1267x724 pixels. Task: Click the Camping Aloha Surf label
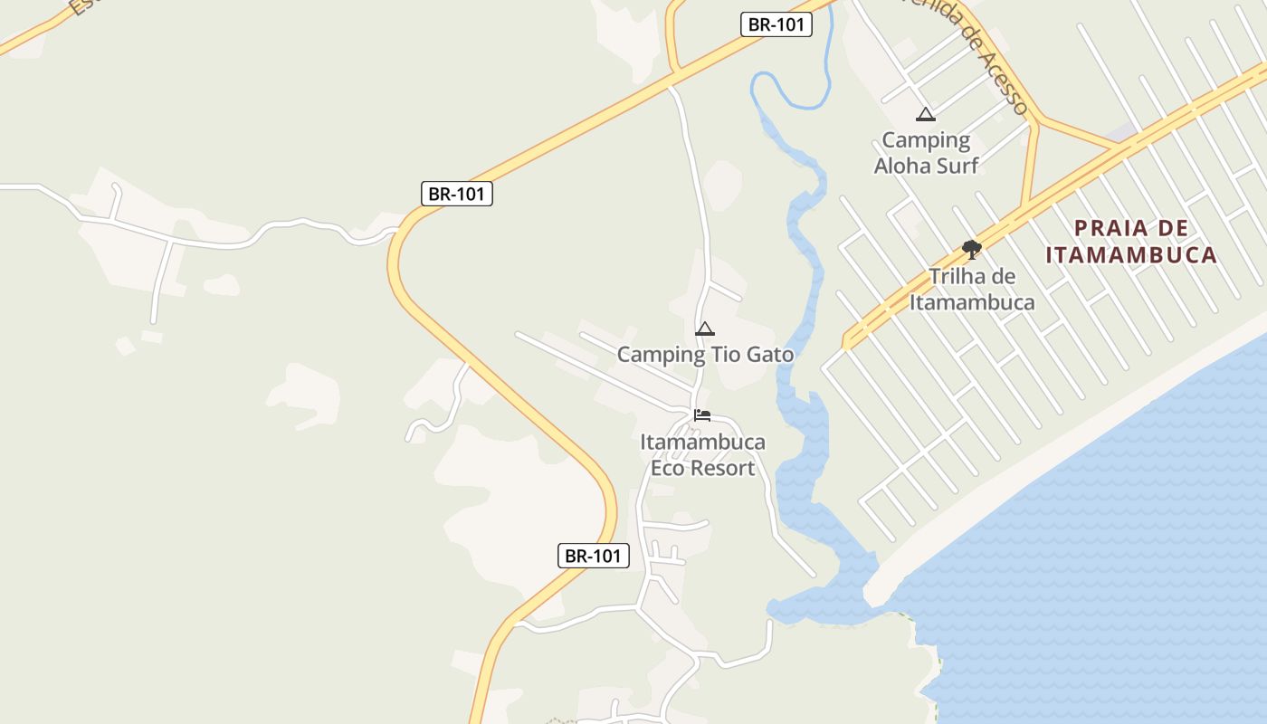(926, 153)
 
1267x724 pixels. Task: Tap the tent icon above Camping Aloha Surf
(925, 114)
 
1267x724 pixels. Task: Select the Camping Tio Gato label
(705, 354)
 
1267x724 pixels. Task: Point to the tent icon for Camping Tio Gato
(705, 329)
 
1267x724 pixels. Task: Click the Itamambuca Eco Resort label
(702, 455)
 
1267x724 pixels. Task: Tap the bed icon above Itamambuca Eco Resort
(702, 415)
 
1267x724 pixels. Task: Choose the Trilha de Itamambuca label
(972, 290)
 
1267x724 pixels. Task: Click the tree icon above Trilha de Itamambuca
(972, 249)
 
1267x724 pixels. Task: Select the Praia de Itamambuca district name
(1131, 242)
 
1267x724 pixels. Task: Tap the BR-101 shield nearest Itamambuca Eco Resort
(593, 556)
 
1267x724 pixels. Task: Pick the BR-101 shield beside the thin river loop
(776, 24)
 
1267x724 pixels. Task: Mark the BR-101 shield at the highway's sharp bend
(457, 193)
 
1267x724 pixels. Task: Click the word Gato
(770, 354)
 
